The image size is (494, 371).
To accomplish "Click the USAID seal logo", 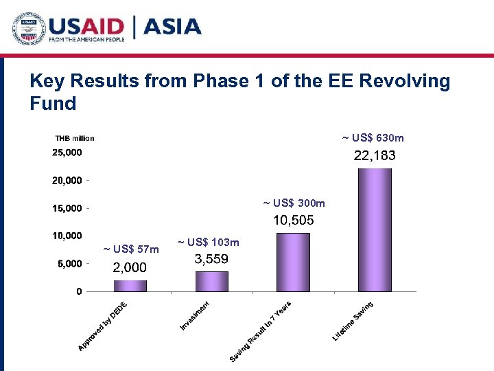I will [x=27, y=27].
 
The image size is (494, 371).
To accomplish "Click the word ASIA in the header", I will [x=171, y=27].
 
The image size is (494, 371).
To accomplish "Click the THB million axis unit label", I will [x=75, y=138].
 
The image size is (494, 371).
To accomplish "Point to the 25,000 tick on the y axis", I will [x=67, y=152].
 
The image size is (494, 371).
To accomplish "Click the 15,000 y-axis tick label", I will [x=67, y=207].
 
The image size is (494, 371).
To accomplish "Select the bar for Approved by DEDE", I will [x=130, y=285].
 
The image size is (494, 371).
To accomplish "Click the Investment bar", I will [x=211, y=281].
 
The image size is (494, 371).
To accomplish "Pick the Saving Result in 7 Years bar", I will [x=293, y=262].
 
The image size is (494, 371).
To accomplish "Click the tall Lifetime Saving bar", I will [x=375, y=229].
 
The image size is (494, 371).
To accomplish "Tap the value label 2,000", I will [x=130, y=267].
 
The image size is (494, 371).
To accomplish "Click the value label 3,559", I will [x=211, y=259].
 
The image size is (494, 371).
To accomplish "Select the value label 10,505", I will [x=294, y=221].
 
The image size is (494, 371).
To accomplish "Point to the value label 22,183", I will [x=375, y=156].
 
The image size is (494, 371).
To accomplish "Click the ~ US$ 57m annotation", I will [x=131, y=249].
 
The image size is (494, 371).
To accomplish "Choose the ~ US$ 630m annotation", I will [x=373, y=138].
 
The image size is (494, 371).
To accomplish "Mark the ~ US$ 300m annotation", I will [x=294, y=203].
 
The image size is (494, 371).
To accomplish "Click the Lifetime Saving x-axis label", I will [x=354, y=320].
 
